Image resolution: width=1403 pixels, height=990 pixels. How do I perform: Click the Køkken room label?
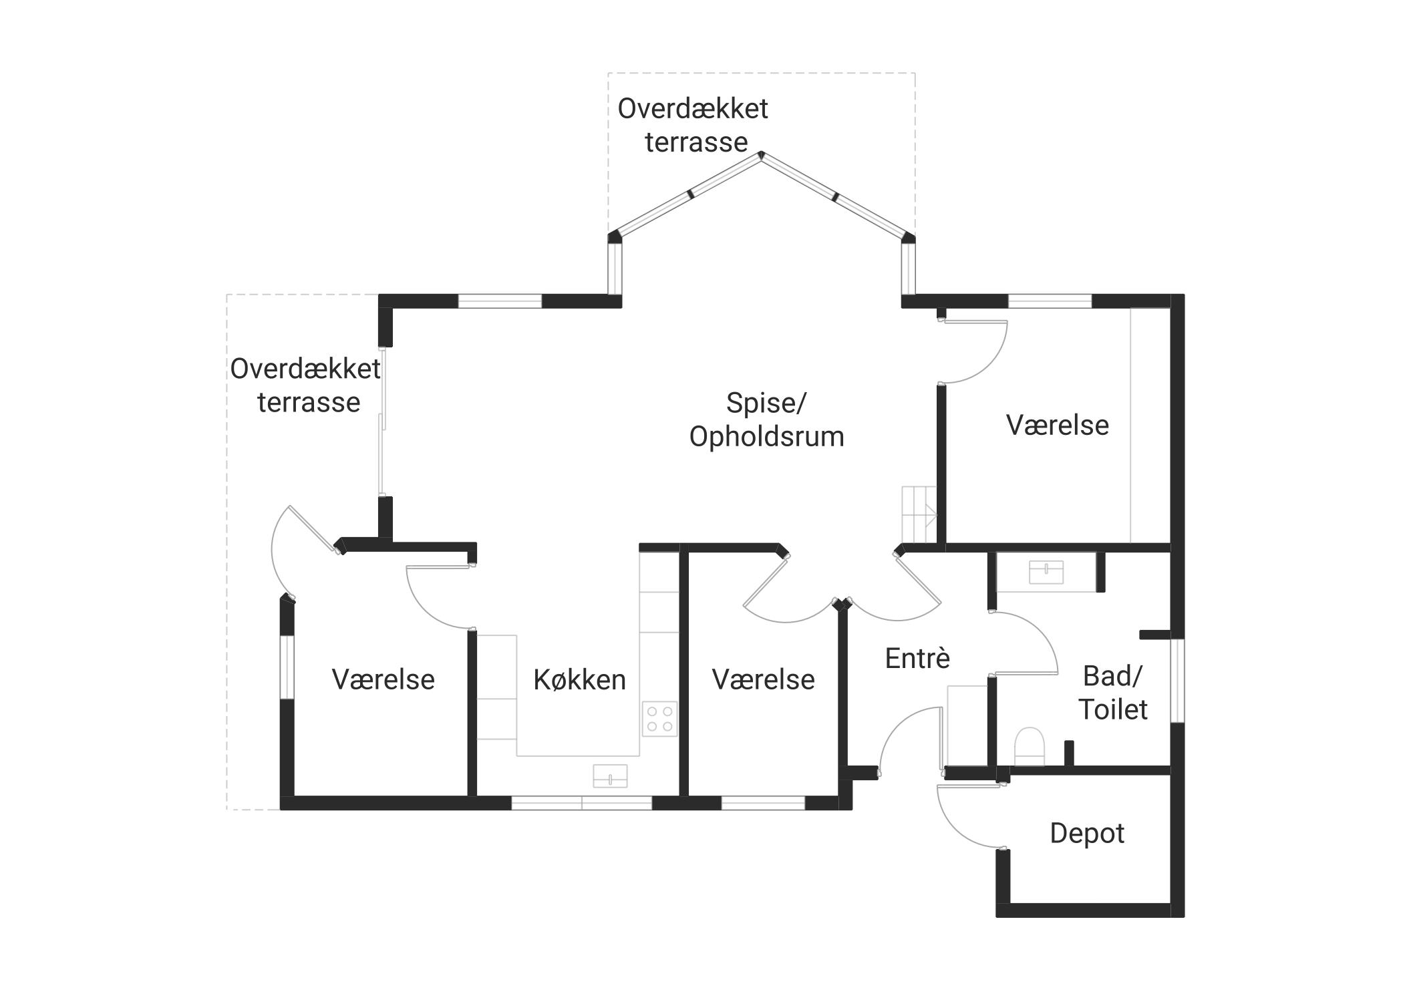coord(579,680)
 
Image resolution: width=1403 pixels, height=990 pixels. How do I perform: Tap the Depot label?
coord(1087,834)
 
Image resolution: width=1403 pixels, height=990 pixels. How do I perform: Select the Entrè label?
coord(917,659)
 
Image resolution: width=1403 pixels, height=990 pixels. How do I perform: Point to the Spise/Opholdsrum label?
coord(766,420)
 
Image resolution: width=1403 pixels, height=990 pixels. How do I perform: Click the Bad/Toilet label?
coord(1113,693)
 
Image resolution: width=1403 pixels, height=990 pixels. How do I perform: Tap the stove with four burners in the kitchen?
coord(659,719)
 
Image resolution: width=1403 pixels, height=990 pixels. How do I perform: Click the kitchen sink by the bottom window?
coord(610,776)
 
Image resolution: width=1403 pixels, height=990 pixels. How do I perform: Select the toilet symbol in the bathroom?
coord(1029,747)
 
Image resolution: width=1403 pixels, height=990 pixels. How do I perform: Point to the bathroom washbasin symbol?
coord(1046,572)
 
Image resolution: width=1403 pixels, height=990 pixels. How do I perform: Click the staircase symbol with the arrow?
coord(919,514)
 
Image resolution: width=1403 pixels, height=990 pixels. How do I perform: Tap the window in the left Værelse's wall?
coord(287,667)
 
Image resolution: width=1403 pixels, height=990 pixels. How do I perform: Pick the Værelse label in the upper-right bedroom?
coord(1058,426)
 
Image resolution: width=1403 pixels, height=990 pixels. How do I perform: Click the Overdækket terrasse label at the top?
coord(693,126)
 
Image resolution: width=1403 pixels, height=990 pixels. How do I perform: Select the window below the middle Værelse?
coord(763,803)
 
